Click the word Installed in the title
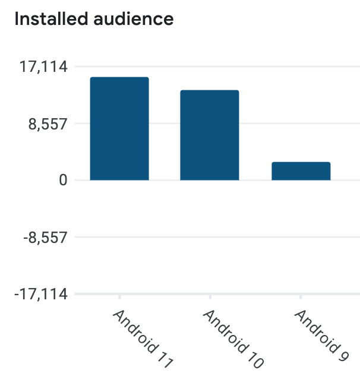(x=49, y=19)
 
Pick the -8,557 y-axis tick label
(x=45, y=238)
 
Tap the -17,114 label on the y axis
(x=42, y=294)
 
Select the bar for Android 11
(x=119, y=128)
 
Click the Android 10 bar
(x=209, y=135)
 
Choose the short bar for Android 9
(x=301, y=170)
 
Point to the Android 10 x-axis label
(x=232, y=339)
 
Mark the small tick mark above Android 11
(x=119, y=296)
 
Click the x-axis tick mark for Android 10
(x=209, y=296)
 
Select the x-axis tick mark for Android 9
(x=301, y=296)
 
